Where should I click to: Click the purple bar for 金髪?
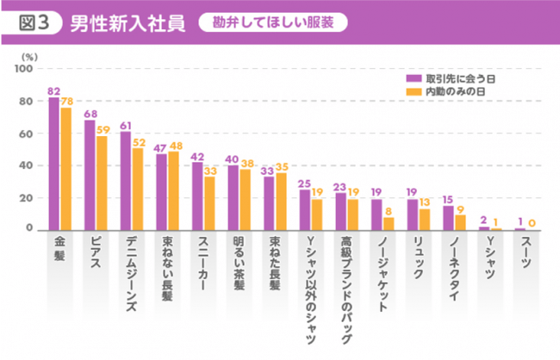coord(53,164)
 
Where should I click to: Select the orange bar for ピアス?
coord(102,183)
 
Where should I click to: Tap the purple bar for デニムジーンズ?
coord(126,181)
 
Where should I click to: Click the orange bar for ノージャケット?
coord(389,223)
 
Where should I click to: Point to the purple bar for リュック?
coord(413,214)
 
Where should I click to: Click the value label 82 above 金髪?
coord(53,90)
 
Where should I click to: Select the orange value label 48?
coord(176,146)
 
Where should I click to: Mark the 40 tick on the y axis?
coord(27,165)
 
